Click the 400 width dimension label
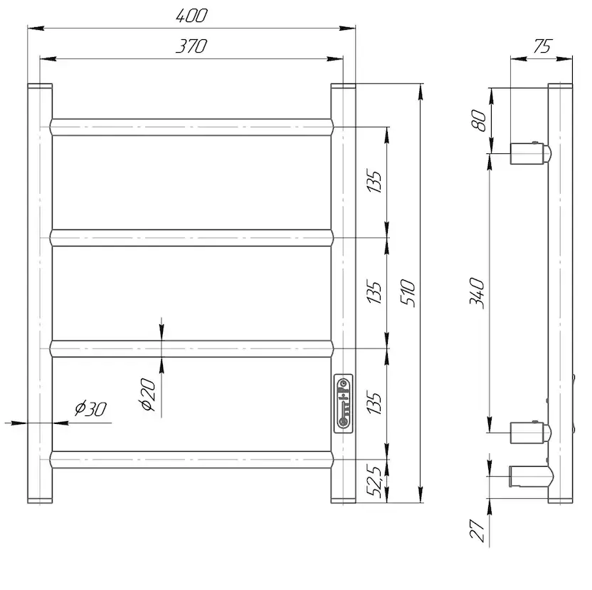point(191,16)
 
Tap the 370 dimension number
point(191,46)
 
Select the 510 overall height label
point(408,293)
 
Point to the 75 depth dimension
point(542,46)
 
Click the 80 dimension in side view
point(479,120)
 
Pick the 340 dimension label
point(477,293)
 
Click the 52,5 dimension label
point(374,481)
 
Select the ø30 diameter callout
point(90,408)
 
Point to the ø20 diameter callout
point(147,395)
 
